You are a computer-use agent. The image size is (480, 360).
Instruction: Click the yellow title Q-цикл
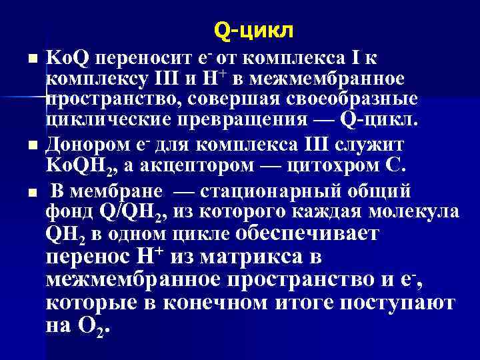[253, 31]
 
